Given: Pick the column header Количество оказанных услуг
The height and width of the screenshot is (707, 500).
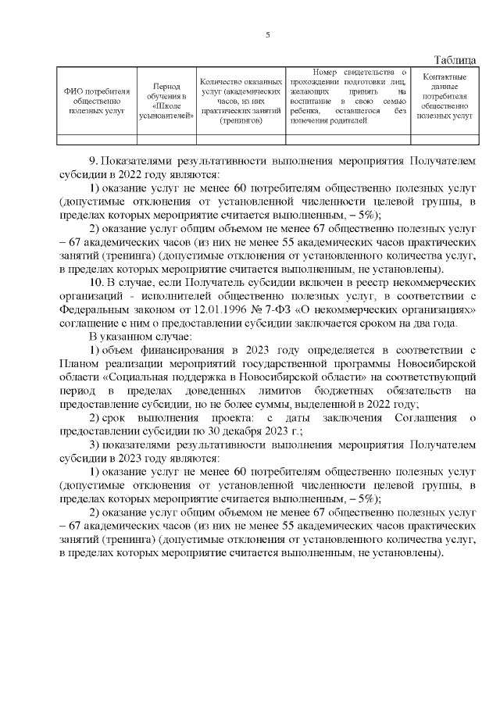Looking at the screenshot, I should point(241,101).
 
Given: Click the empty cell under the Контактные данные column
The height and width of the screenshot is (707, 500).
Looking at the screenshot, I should point(445,140).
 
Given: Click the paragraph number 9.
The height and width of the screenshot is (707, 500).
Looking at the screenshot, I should point(93,160).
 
